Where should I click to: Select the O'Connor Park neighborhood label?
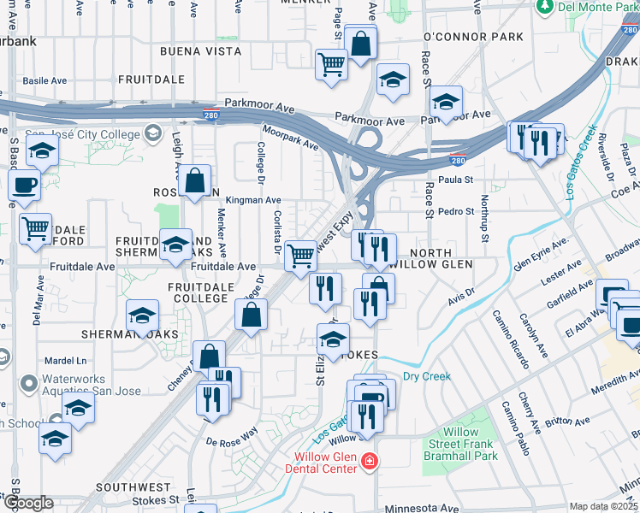473,38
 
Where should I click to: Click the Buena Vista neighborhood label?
199,51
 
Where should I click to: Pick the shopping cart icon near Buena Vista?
331,64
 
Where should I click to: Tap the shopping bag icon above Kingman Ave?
196,179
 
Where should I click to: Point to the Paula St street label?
455,180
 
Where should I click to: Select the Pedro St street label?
455,211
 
